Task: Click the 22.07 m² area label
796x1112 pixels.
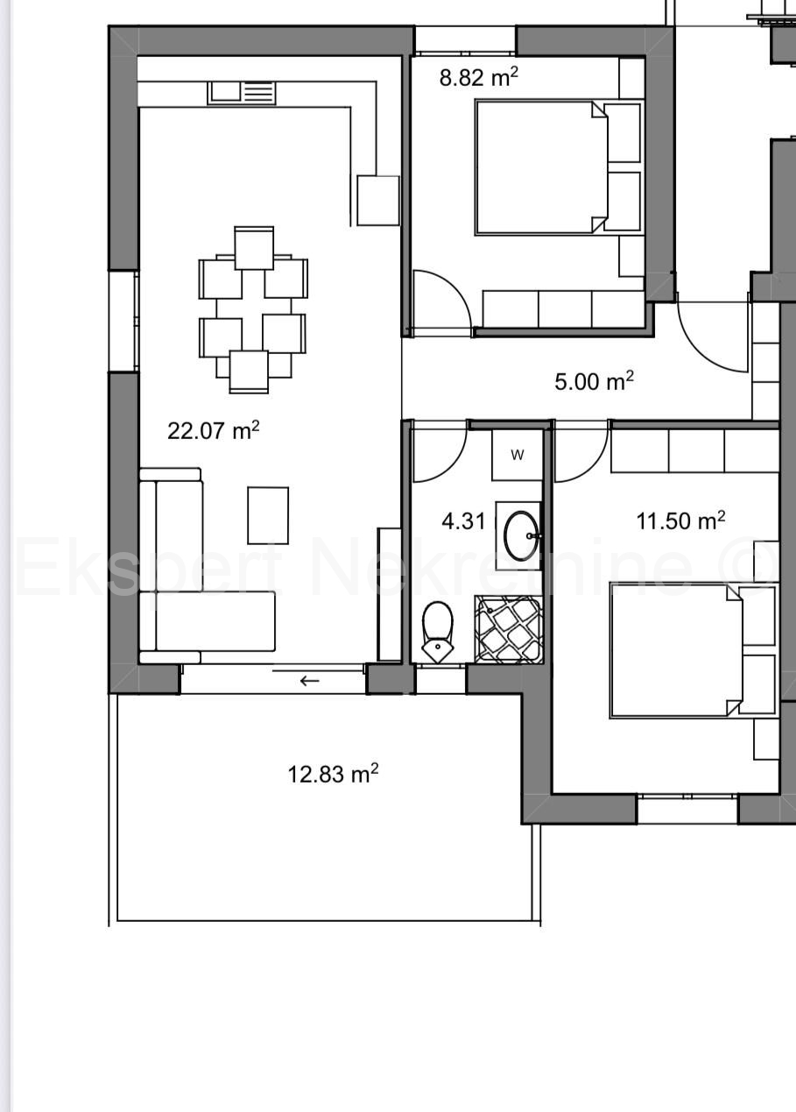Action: click(x=214, y=430)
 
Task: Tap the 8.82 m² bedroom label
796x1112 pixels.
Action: click(x=479, y=77)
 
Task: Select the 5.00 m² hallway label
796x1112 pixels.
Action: click(x=594, y=381)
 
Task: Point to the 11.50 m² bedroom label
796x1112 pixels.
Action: click(x=680, y=521)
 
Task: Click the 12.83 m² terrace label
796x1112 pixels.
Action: click(x=333, y=774)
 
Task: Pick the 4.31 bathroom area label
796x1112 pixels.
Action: click(x=463, y=521)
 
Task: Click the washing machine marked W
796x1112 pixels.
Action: click(x=518, y=455)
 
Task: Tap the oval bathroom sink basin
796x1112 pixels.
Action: click(x=520, y=535)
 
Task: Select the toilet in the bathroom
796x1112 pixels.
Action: click(x=438, y=631)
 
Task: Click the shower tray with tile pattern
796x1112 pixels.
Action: click(x=509, y=629)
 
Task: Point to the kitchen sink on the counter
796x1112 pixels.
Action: click(x=241, y=94)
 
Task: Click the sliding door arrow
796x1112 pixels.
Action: click(x=309, y=681)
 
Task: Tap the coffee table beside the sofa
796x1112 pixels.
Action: click(x=268, y=515)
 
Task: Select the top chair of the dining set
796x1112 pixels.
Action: click(x=254, y=248)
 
